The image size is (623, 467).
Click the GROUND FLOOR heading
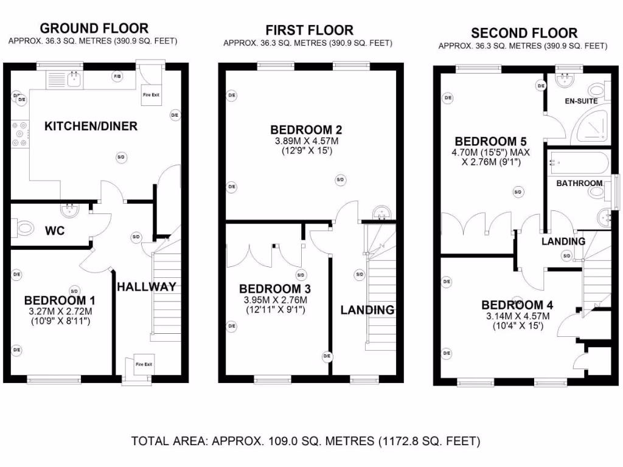tap(94, 28)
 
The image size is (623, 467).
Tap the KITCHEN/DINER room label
tap(91, 126)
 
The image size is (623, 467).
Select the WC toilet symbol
tap(23, 229)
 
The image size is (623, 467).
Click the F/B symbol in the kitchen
tap(117, 76)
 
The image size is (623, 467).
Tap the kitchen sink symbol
tap(75, 78)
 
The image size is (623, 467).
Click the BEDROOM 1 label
tap(60, 300)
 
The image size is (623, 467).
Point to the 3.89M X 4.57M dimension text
tap(306, 141)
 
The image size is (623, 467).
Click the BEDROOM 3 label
tap(271, 289)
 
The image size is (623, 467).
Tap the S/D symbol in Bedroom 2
tap(340, 179)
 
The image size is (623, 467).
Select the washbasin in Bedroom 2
tap(383, 213)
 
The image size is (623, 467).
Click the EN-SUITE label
tap(581, 101)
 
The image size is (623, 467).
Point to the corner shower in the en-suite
tap(589, 126)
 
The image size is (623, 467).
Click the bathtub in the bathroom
tap(578, 163)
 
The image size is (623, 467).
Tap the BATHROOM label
tap(579, 183)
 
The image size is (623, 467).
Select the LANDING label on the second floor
tap(563, 241)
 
